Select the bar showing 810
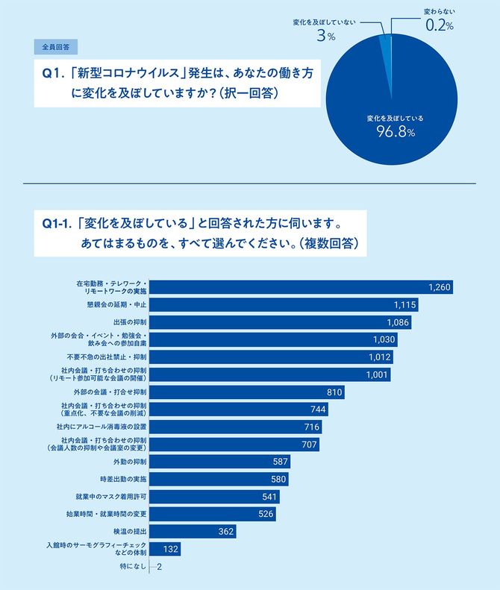248,392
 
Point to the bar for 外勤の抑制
220,462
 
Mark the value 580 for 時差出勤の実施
275,480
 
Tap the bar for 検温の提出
194,532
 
